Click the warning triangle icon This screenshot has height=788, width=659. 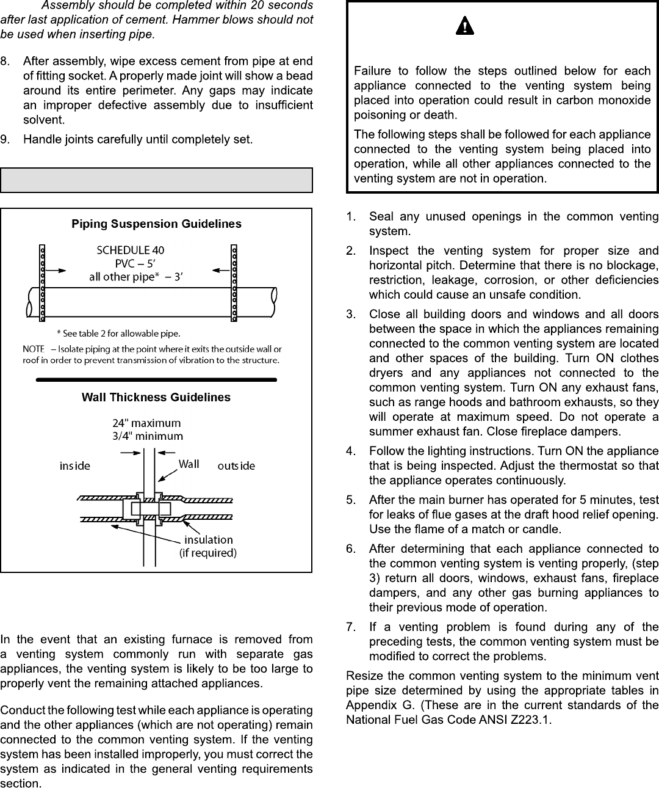pyautogui.click(x=465, y=26)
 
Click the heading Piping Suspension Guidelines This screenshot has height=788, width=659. pyautogui.click(x=156, y=224)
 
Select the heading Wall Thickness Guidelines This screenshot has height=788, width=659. pyautogui.click(x=156, y=397)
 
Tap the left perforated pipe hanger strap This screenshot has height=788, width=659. pyautogui.click(x=42, y=283)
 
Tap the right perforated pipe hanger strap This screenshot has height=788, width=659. pyautogui.click(x=234, y=283)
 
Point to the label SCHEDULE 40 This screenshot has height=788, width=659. pyautogui.click(x=131, y=250)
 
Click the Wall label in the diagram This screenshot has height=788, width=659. pyautogui.click(x=189, y=464)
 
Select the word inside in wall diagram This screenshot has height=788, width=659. pyautogui.click(x=74, y=466)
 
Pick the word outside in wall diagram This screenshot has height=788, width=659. pyautogui.click(x=236, y=466)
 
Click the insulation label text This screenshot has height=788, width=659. pyautogui.click(x=208, y=540)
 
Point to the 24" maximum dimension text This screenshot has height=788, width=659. pyautogui.click(x=146, y=423)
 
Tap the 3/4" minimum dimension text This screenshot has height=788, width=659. pyautogui.click(x=147, y=436)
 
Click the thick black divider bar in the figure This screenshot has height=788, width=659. pyautogui.click(x=156, y=379)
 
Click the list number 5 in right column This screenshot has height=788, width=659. pyautogui.click(x=350, y=500)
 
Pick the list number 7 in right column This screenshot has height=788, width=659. pyautogui.click(x=350, y=627)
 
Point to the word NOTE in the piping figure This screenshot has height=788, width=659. pyautogui.click(x=34, y=349)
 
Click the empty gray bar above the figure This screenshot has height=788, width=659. pyautogui.click(x=156, y=180)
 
